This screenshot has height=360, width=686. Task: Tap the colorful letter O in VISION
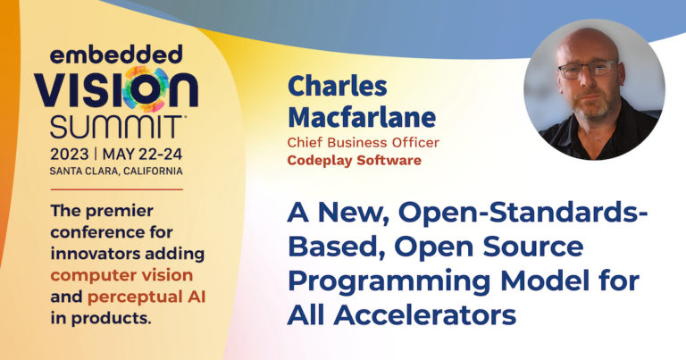155,90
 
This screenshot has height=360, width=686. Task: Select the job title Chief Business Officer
363,142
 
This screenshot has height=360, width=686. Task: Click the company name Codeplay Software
354,161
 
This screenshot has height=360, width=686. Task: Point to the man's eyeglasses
586,70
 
